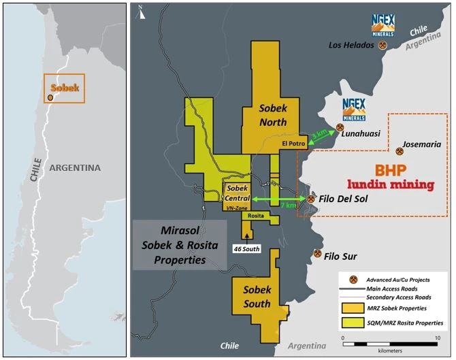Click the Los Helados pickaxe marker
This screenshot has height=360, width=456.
tap(385, 46)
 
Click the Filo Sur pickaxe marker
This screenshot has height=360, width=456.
tap(317, 254)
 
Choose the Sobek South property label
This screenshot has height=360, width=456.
tap(257, 297)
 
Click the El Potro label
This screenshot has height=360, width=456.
tap(291, 144)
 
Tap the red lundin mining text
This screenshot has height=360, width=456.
tap(391, 184)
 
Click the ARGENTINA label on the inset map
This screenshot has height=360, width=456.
tap(74, 167)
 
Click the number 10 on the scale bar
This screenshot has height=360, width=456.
tap(437, 338)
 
